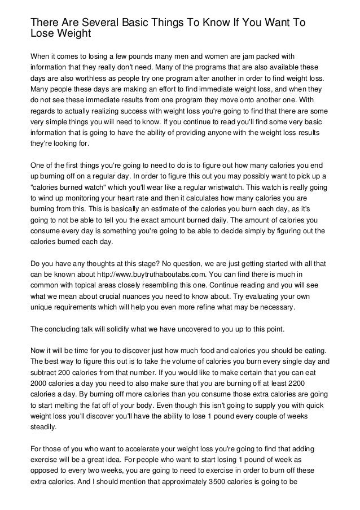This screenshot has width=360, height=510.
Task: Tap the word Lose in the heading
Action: point(43,33)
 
